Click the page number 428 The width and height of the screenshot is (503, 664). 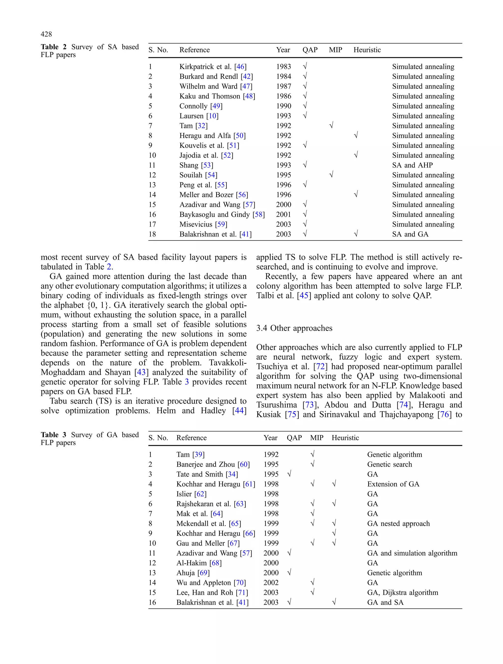click(46, 34)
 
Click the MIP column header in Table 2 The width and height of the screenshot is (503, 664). click(335, 50)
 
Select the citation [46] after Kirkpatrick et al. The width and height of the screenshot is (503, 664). click(240, 67)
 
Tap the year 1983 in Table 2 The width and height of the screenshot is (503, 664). click(283, 67)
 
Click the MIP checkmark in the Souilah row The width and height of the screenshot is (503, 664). click(331, 175)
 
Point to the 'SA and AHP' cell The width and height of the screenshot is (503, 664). click(412, 165)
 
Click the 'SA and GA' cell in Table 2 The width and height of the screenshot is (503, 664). click(410, 234)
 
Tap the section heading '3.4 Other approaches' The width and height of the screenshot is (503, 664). click(294, 328)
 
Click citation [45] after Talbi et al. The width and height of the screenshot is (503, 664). click(304, 296)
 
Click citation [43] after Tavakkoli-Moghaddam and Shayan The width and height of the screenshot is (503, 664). click(141, 372)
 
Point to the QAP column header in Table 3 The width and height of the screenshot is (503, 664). click(294, 438)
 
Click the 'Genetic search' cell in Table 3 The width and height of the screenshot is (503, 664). click(389, 464)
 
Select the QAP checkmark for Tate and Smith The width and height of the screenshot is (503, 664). click(289, 474)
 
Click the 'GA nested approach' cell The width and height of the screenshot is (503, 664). click(398, 524)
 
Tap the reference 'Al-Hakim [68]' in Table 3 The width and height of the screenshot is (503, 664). click(199, 563)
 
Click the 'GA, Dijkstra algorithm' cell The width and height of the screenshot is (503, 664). click(402, 592)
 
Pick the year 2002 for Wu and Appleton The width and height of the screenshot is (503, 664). click(271, 583)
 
